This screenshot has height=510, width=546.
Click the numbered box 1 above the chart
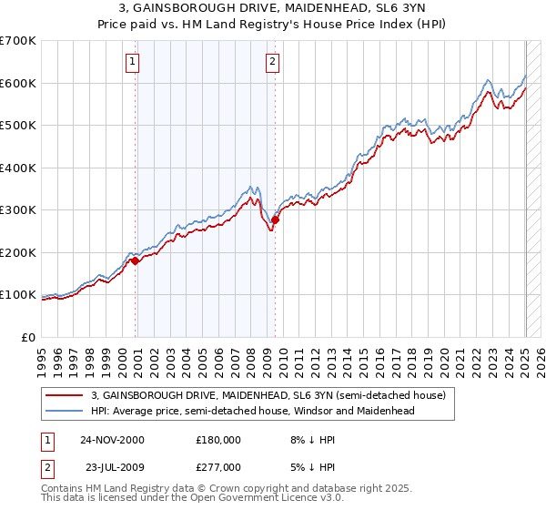pos(133,62)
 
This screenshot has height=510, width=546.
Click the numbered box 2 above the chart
pos(272,62)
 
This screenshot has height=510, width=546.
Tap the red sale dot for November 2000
pos(136,260)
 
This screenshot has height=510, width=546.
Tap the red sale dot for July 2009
pos(275,219)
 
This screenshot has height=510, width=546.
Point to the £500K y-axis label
pos(18,126)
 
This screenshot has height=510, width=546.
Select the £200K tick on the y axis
pos(18,252)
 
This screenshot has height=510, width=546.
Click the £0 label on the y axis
pos(29,337)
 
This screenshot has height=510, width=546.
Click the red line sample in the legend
pos(65,396)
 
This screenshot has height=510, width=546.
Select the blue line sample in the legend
pos(65,411)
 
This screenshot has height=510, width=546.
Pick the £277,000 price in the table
pos(217,466)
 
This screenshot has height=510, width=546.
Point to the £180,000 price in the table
pos(217,439)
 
